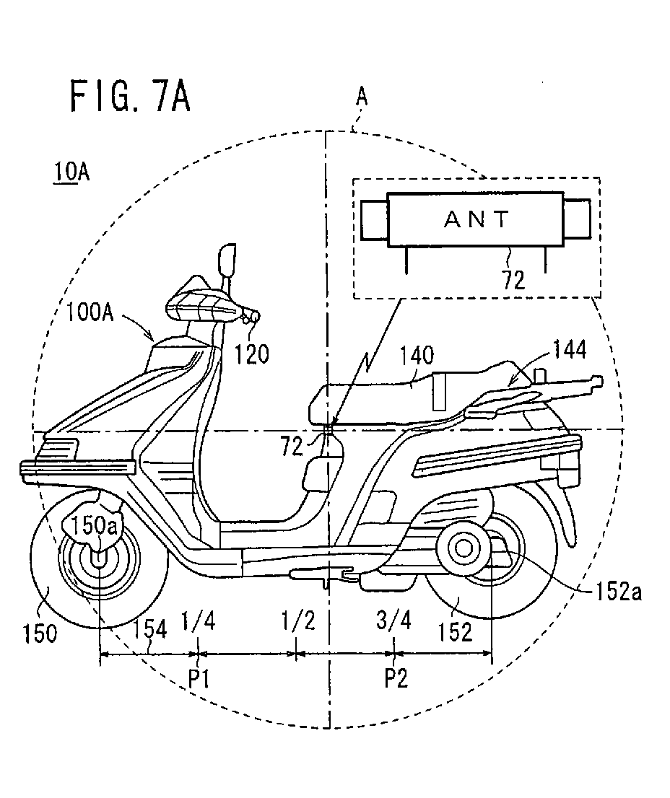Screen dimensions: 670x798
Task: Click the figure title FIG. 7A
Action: [130, 96]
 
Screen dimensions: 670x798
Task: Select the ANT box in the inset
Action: [476, 219]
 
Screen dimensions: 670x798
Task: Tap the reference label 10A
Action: [70, 172]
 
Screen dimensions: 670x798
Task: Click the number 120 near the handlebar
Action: [251, 354]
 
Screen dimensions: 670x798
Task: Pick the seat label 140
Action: [417, 356]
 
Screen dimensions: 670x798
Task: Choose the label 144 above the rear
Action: [570, 350]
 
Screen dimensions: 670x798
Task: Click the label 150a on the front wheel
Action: [94, 526]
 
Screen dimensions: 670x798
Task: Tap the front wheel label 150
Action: [40, 633]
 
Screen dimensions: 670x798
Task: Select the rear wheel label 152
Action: [455, 631]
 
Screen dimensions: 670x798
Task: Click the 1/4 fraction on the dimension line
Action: [198, 621]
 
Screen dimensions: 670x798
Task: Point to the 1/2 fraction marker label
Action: [298, 621]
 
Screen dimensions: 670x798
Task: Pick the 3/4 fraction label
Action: [393, 621]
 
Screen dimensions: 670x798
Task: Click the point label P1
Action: [199, 678]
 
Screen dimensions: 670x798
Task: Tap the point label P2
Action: [396, 678]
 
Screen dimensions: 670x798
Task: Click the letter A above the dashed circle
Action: [362, 96]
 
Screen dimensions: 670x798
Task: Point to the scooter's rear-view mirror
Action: [227, 259]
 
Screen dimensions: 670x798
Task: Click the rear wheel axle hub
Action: [464, 548]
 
